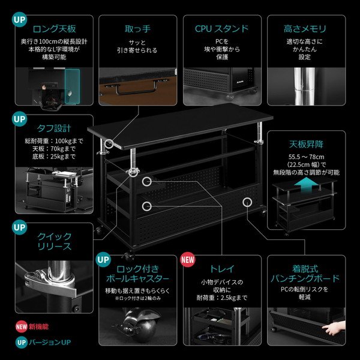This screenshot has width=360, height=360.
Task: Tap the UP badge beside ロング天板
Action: click(20, 19)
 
